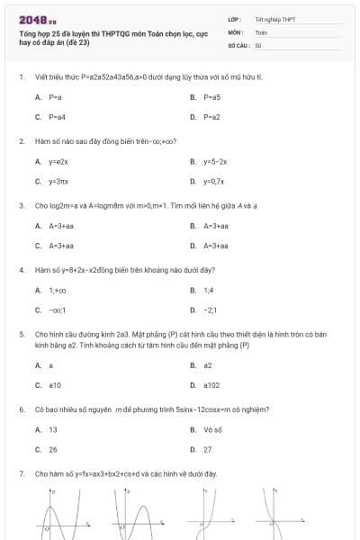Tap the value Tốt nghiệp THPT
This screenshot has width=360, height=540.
coord(275,18)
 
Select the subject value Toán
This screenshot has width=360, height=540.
coord(262,31)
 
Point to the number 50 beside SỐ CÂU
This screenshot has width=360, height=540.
coord(258,44)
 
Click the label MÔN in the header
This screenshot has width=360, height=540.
coord(235,31)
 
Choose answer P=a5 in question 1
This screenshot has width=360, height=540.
coord(211,96)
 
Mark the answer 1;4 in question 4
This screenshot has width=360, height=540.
coord(209,290)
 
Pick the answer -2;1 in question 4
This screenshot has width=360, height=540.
coord(211,310)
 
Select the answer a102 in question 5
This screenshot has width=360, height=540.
coord(211,385)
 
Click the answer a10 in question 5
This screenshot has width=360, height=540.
coord(55,385)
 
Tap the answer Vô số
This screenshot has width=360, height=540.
coord(212,429)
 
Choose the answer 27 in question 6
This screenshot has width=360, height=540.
coord(208,449)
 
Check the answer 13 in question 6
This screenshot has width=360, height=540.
coord(53,429)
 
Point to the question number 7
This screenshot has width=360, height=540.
coord(21,473)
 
